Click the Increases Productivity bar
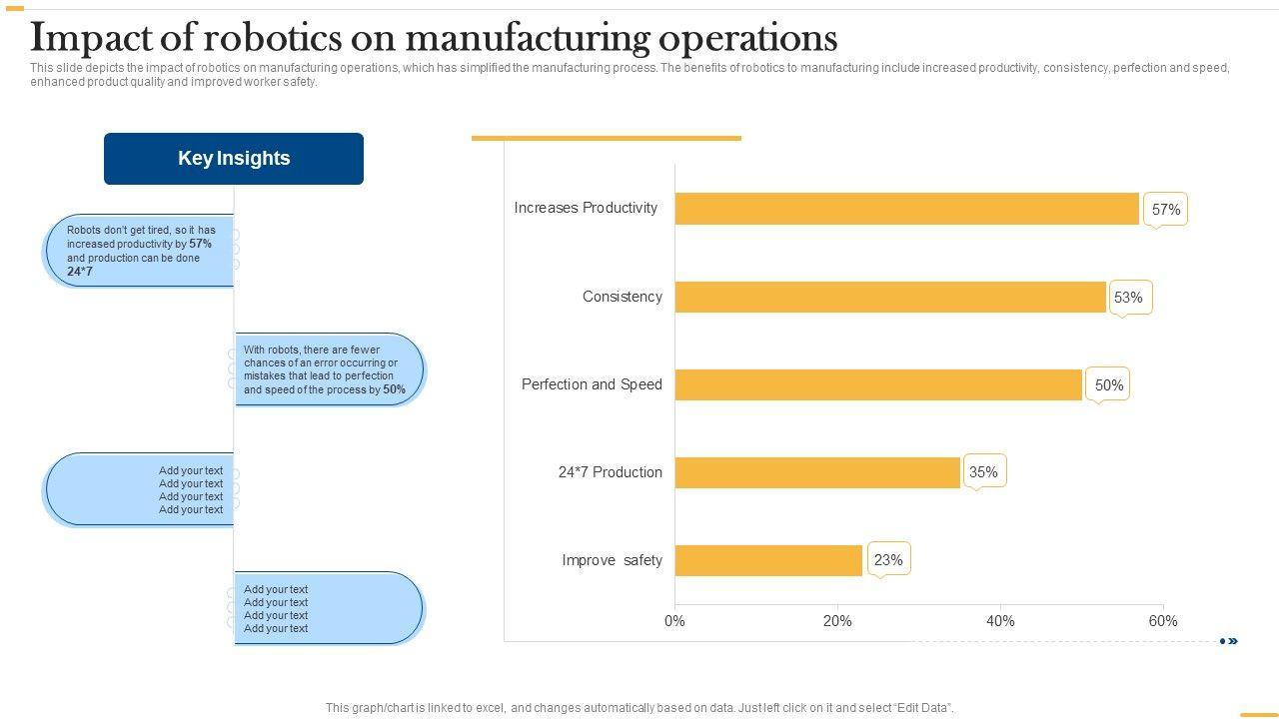coord(906,209)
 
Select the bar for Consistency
coord(890,297)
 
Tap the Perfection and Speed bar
coord(878,384)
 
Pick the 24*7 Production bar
coord(817,472)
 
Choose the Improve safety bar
coord(768,560)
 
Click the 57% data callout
coord(1165,209)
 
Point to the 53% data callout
coord(1128,297)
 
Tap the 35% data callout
coord(983,471)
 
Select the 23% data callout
coord(888,559)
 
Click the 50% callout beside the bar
coord(1108,384)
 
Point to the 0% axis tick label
coord(674,621)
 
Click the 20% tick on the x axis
coord(837,621)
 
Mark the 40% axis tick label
coord(1000,621)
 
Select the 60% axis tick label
coord(1163,621)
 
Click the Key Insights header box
coord(234,159)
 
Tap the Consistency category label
coord(622,297)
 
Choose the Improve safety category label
coord(612,560)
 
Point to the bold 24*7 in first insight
coord(80,272)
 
